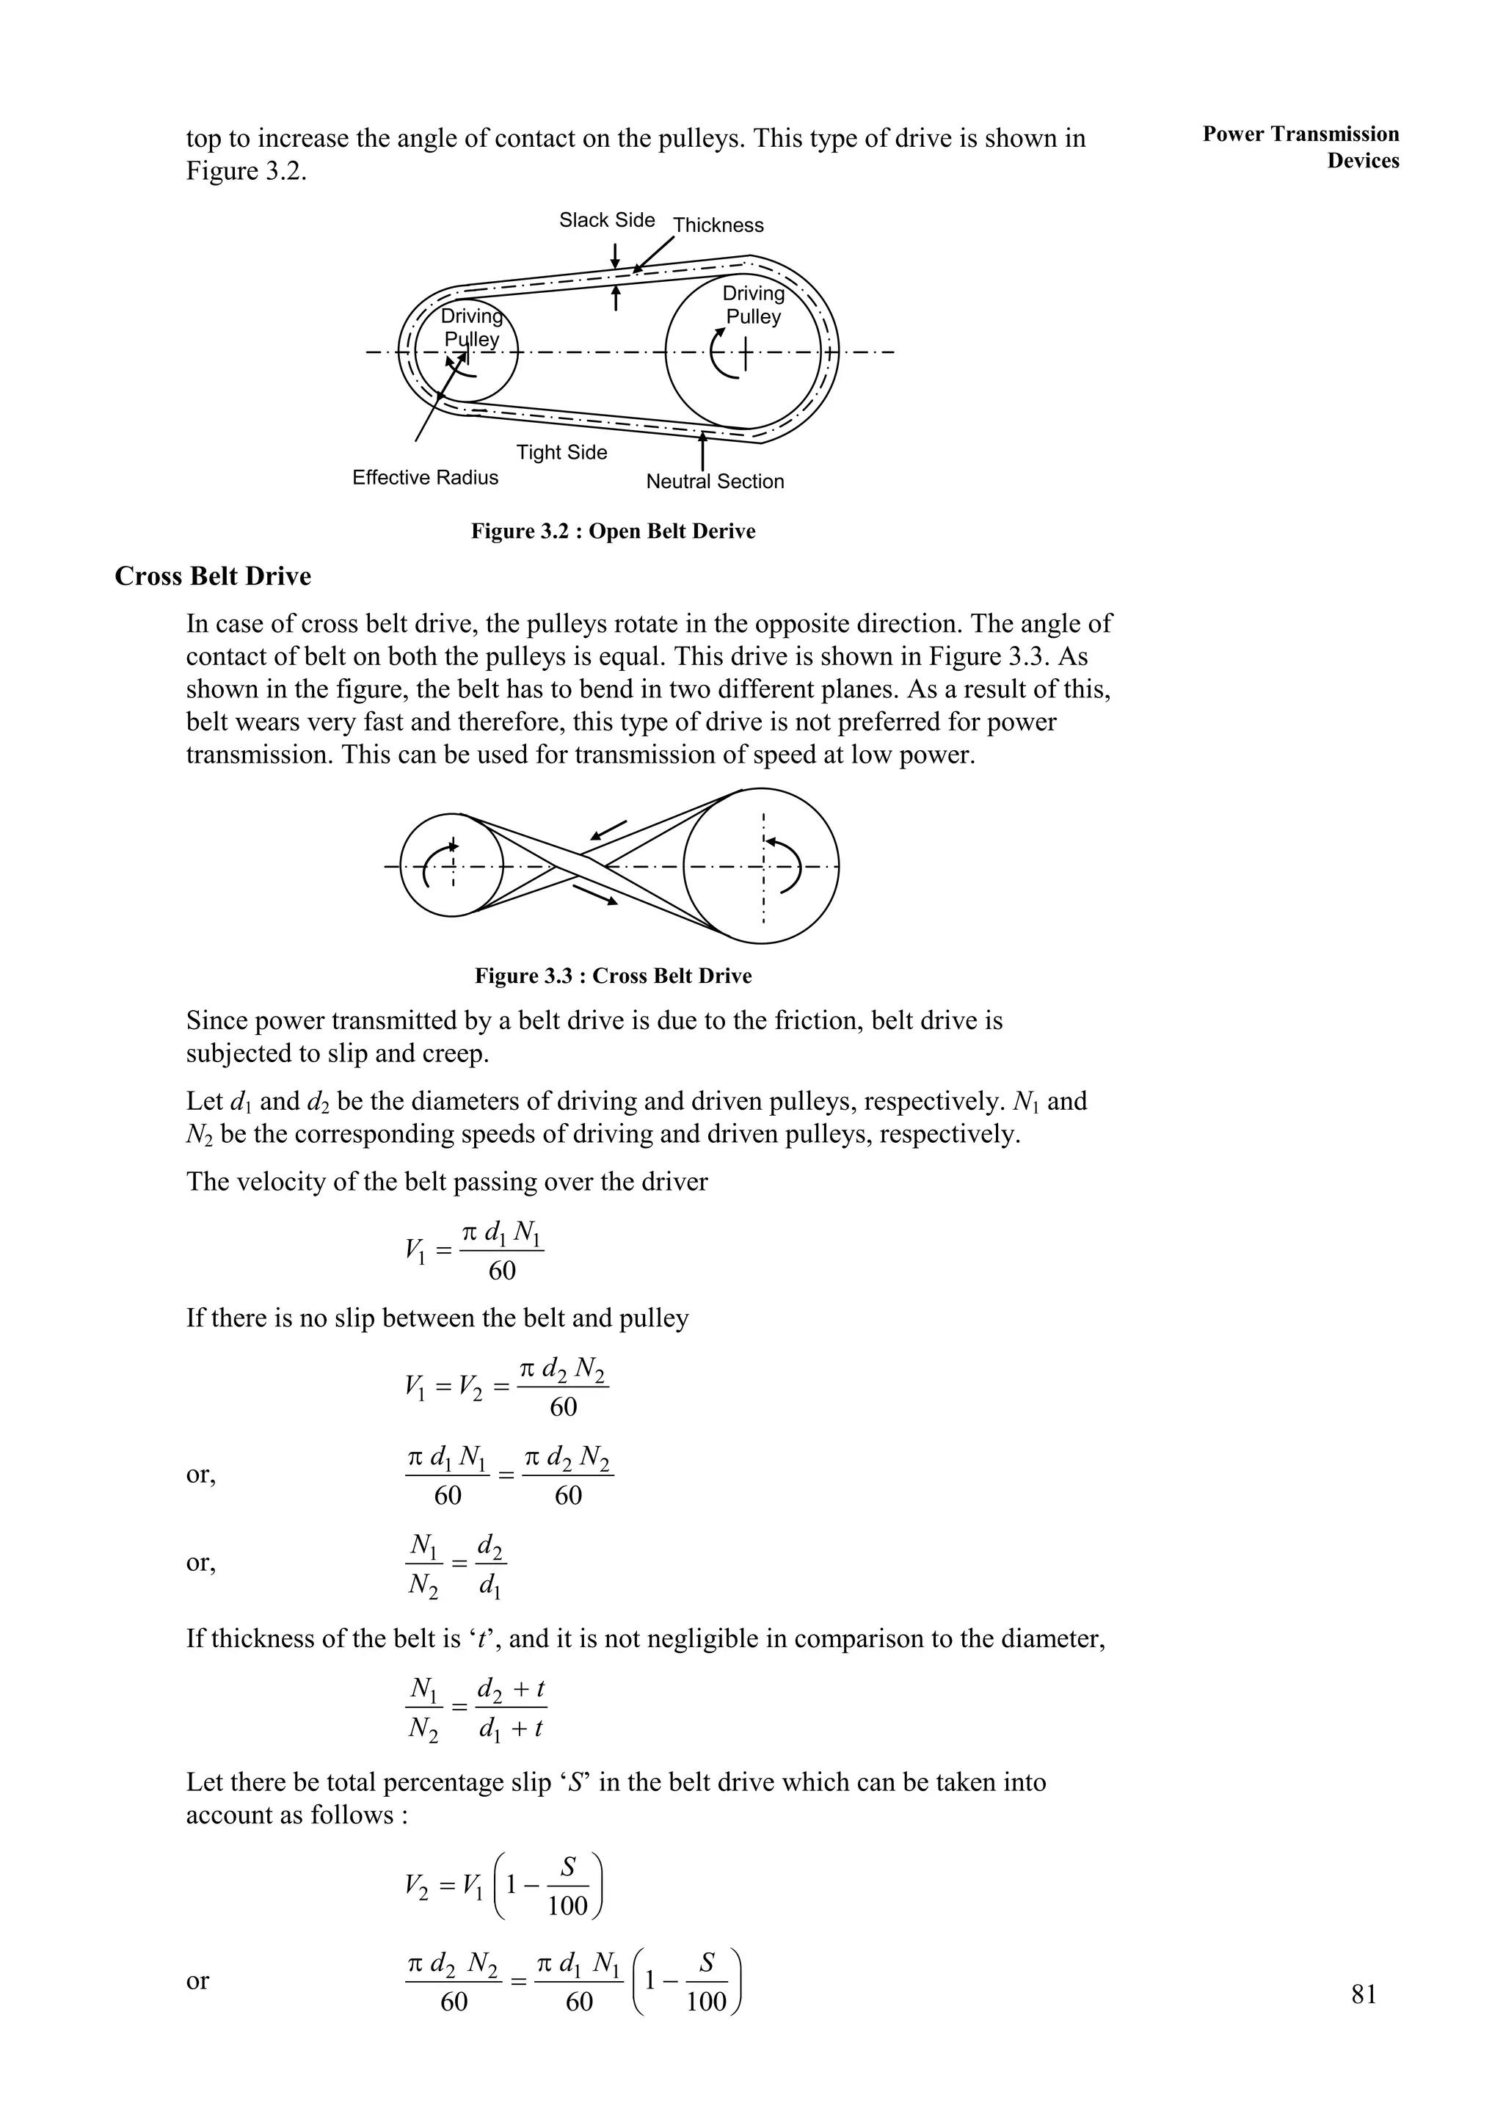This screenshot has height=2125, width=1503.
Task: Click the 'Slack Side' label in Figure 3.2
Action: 606,220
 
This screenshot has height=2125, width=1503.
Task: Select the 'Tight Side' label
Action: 561,453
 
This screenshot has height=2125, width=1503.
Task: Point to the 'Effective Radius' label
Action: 425,478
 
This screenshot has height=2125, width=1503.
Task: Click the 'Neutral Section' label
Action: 715,482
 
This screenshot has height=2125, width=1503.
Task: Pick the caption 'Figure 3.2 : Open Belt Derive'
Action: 613,531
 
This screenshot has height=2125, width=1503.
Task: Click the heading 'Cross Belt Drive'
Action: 213,577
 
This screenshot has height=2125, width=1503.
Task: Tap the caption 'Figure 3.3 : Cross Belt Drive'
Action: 613,976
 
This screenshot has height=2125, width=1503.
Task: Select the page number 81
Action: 1364,1994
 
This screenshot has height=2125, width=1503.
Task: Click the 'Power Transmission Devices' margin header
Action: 1300,147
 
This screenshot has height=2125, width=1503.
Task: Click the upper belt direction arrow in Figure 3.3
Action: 608,831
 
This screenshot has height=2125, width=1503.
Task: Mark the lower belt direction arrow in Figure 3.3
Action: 595,895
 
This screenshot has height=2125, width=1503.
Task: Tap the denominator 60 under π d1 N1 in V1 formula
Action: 502,1271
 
